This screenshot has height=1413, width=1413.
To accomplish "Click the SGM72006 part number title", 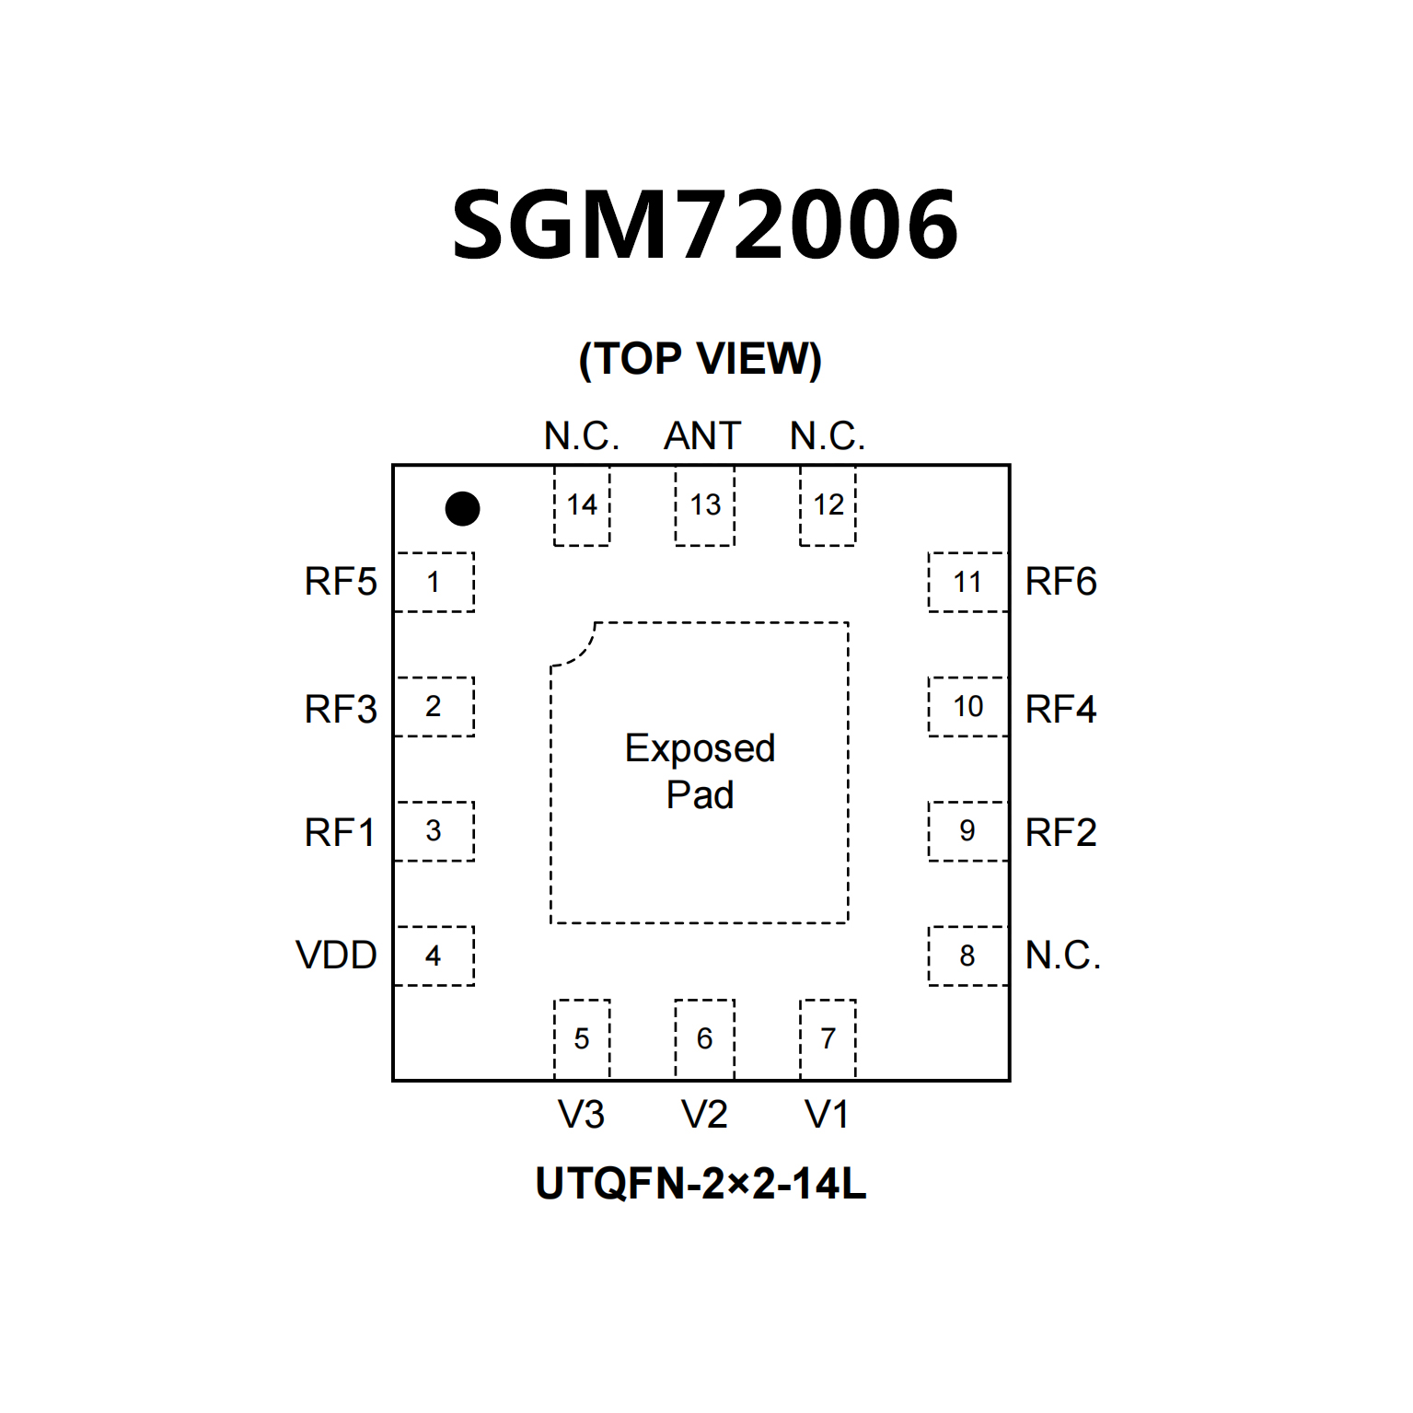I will (705, 224).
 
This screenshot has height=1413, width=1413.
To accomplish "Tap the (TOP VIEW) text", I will (700, 358).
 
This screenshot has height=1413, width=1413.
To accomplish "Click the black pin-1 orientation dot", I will (462, 508).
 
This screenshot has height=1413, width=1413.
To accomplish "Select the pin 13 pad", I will (705, 505).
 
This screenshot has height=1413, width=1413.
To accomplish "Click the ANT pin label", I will (702, 436).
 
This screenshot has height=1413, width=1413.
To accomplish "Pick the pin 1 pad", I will (434, 582).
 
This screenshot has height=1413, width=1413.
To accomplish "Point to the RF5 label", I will (341, 582).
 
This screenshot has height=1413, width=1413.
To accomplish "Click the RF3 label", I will (341, 709).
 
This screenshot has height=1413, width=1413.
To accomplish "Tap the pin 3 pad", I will (434, 831).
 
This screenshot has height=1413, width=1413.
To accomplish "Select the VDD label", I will (336, 956).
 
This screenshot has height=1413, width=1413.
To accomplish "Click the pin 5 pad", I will (582, 1039).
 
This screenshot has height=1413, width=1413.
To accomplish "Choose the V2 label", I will (704, 1115).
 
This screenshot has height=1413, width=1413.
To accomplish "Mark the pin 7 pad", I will (828, 1039).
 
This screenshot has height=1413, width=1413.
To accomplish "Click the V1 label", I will (827, 1115).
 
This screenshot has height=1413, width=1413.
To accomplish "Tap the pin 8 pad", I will (967, 956).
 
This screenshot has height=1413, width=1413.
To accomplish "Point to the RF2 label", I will (1060, 833).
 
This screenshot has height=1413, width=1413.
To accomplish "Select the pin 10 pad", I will (967, 707).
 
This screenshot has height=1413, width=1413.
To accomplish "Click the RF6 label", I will (1060, 582).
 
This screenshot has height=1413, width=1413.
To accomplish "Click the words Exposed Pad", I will (700, 771).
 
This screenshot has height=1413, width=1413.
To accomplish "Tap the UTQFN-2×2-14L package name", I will (701, 1184).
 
